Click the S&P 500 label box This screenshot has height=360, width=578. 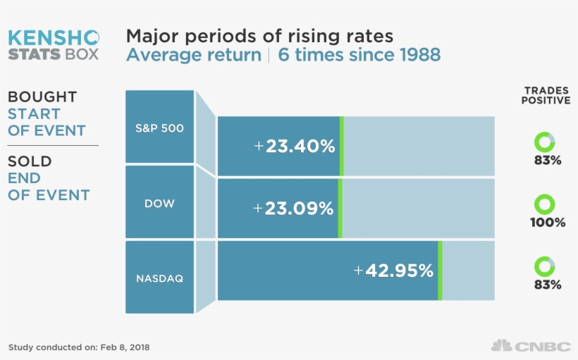pos(159,128)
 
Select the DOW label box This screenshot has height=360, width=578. pos(159,203)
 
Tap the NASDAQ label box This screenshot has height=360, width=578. pos(159,278)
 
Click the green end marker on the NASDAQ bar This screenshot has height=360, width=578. pos(440,271)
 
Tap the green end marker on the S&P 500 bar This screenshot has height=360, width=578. pos(341,146)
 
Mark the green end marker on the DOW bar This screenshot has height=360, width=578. pos(340,208)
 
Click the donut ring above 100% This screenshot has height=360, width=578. pos(545,205)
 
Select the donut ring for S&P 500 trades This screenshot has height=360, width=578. pos(545,142)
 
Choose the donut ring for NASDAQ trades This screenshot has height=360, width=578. pos(545,267)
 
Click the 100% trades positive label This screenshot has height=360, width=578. pos(548,223)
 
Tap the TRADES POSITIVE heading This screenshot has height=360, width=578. pos(546,96)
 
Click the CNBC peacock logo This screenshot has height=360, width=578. pos(501,346)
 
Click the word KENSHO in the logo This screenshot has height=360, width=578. pos(54,37)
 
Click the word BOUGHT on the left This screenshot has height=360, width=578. pos(42,97)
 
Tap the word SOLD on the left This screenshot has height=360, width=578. pos(30,161)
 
